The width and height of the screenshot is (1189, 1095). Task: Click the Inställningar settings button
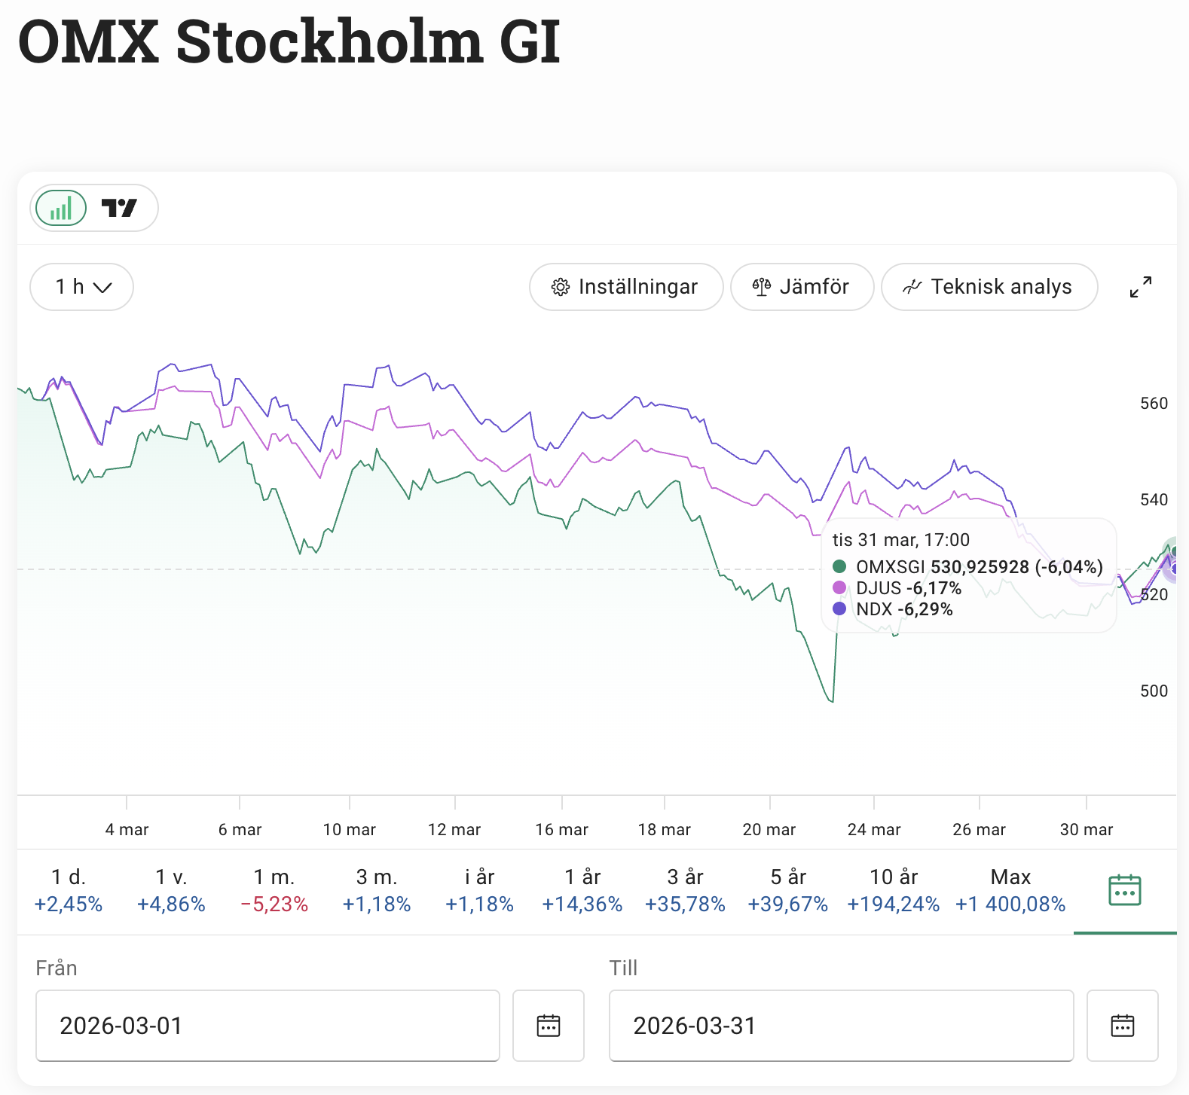(x=625, y=287)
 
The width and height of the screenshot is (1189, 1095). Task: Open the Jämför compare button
(x=802, y=287)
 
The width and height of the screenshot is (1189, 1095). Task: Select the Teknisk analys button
(x=989, y=287)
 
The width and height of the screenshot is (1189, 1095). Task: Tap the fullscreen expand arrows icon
(x=1140, y=287)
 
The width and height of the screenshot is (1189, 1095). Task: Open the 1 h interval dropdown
(x=82, y=287)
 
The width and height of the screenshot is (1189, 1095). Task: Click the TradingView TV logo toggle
(x=119, y=208)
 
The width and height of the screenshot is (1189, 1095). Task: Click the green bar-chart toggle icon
(x=61, y=208)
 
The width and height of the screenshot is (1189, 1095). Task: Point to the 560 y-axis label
(x=1154, y=404)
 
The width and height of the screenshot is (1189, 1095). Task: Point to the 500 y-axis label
(x=1154, y=691)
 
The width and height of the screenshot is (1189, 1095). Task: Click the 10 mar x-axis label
(x=349, y=830)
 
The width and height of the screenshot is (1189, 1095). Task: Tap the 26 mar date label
(x=979, y=830)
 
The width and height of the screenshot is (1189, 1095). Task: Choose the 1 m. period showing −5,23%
(x=274, y=890)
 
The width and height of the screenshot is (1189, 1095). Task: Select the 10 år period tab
(x=894, y=890)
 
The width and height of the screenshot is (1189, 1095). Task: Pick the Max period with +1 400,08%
(x=1010, y=890)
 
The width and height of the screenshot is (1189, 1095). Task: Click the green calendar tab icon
(x=1125, y=890)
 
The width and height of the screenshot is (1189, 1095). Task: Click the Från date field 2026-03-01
(x=267, y=1026)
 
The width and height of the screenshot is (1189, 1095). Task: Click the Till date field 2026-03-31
(x=841, y=1026)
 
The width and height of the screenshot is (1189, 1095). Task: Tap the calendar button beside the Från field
(x=549, y=1026)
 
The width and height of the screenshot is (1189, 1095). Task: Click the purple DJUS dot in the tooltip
(x=839, y=587)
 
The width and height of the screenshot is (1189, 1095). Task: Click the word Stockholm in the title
(x=329, y=42)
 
